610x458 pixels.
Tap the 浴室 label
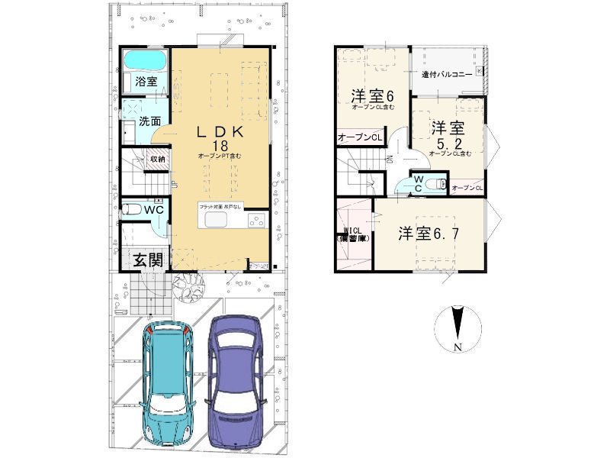click(x=146, y=81)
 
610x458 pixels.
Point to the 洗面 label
click(x=149, y=121)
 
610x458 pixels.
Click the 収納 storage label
click(x=157, y=159)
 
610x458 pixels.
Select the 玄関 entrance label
click(x=149, y=260)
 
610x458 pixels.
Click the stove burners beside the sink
click(x=255, y=221)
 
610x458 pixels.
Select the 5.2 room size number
click(x=448, y=144)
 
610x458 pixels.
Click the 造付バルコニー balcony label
click(x=446, y=75)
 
